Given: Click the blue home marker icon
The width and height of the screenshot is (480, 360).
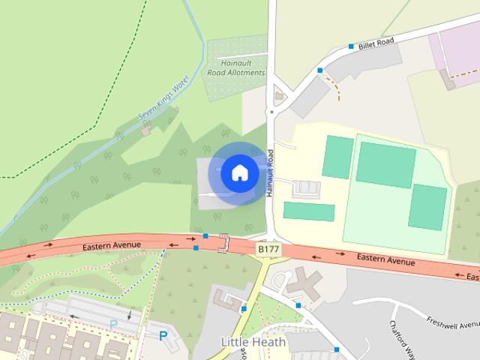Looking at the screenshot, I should pos(239,172).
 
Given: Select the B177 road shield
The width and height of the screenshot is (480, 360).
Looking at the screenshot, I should pos(268,247).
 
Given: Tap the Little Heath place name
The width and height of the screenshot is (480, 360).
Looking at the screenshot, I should pos(253,342).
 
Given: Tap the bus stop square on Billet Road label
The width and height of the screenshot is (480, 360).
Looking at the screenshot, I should pos(351,46).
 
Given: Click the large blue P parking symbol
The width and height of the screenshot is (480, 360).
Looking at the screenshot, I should pos(163,335).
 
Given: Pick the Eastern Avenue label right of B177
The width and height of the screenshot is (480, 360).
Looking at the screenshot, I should pos(385,259).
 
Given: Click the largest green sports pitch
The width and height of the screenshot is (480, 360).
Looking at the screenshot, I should pos(385,164).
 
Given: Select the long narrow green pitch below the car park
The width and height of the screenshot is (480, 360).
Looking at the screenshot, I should pos(309,212).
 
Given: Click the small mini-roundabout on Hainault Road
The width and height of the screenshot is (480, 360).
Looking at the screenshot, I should pos(271,112).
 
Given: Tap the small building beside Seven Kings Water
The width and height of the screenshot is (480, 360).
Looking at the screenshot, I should pos(146,129).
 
